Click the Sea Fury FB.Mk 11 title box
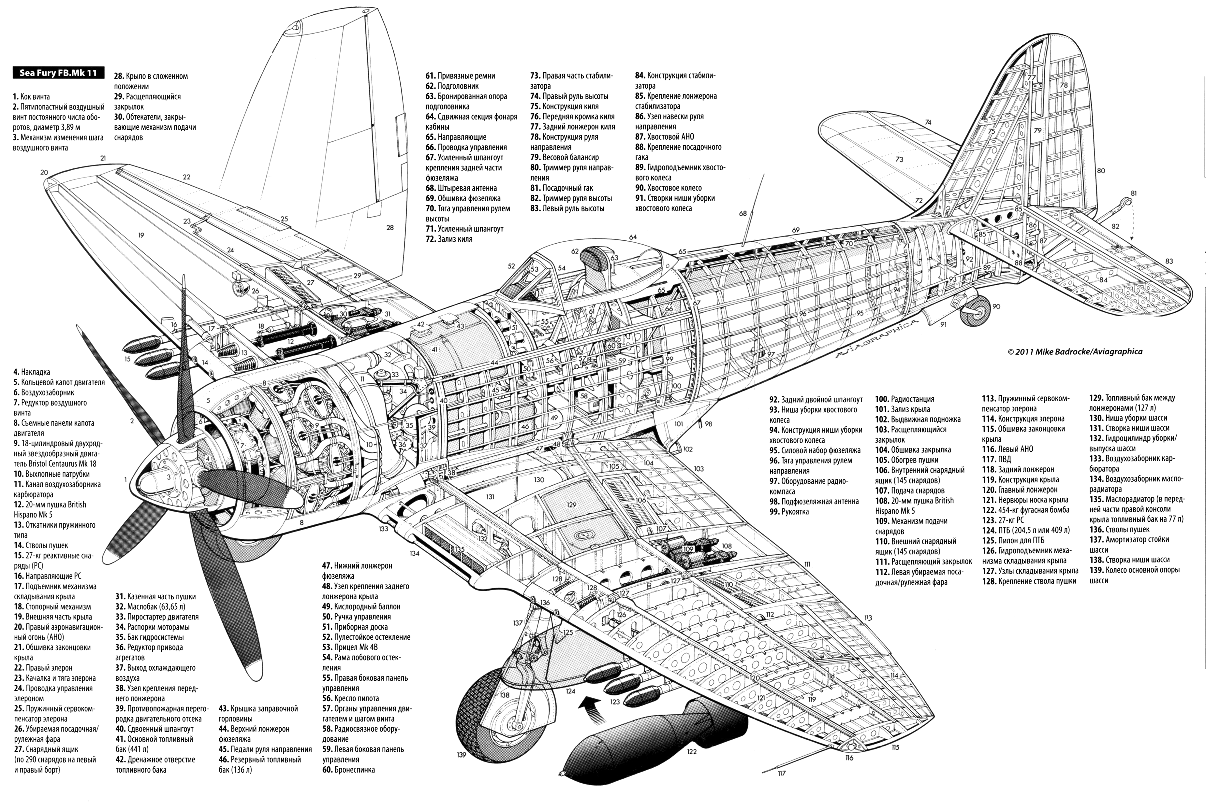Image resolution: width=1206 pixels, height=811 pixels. click(58, 73)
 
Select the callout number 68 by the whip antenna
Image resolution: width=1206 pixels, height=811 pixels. click(743, 213)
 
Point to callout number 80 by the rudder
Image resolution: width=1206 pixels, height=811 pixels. click(1101, 171)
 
